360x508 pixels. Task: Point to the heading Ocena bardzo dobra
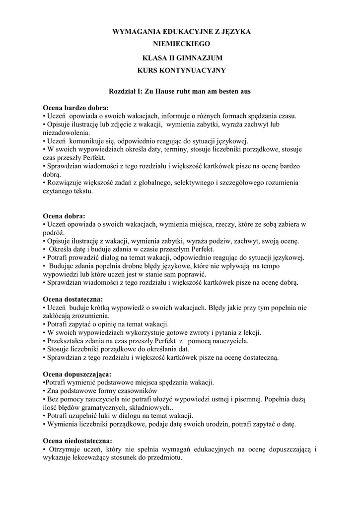(75, 107)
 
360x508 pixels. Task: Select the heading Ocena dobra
(64, 216)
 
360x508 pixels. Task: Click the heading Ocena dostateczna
(72, 299)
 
